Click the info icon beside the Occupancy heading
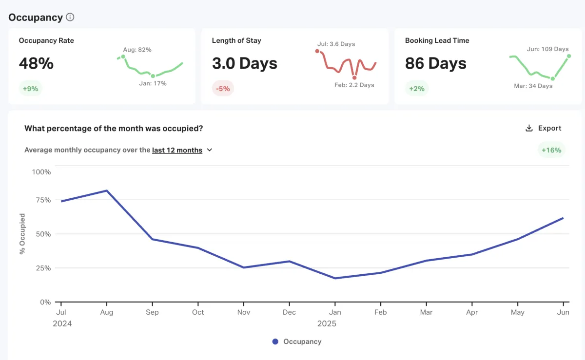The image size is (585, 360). (x=70, y=18)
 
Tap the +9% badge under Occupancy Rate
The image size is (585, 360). (x=31, y=89)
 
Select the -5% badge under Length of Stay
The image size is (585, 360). (x=223, y=89)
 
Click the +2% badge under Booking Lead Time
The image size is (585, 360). (x=416, y=89)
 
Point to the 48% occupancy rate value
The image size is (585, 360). (x=36, y=63)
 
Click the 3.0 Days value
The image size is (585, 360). (x=245, y=63)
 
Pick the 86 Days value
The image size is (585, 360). (x=436, y=63)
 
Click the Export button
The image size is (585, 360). (x=544, y=128)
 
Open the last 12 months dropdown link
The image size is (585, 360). (x=177, y=150)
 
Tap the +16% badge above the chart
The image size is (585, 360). (x=551, y=150)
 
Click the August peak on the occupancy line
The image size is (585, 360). (x=107, y=190)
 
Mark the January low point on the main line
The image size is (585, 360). (x=335, y=278)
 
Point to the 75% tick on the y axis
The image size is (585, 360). (x=42, y=200)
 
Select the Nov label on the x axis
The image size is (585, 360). (x=244, y=312)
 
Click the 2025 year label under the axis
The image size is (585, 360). (x=327, y=323)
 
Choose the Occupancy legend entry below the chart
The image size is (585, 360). (x=297, y=341)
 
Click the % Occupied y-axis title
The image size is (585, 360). (x=22, y=234)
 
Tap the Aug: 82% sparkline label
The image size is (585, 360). (x=137, y=50)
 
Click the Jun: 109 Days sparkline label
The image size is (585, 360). (x=547, y=49)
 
